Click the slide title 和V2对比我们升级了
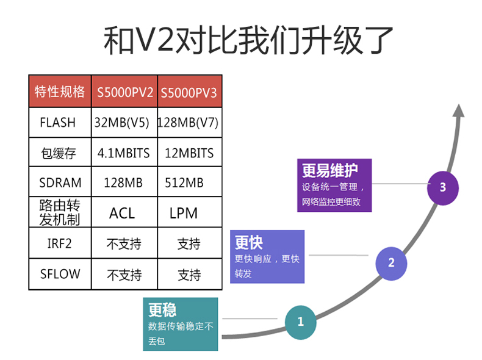[x=248, y=40]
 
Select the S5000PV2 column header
[x=125, y=92]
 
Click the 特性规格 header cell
[x=60, y=92]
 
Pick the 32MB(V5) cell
[x=122, y=123]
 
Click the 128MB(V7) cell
[x=188, y=123]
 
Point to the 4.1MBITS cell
[x=124, y=153]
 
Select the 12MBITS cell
[x=189, y=153]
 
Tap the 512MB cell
[x=184, y=183]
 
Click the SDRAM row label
[x=60, y=183]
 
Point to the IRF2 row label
[x=59, y=243]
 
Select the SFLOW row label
[x=60, y=274]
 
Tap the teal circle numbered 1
[x=300, y=322]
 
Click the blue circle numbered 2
[x=391, y=264]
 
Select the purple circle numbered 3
[x=443, y=188]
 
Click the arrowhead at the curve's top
[x=458, y=110]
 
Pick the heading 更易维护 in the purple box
[x=330, y=170]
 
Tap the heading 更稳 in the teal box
[x=162, y=309]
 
